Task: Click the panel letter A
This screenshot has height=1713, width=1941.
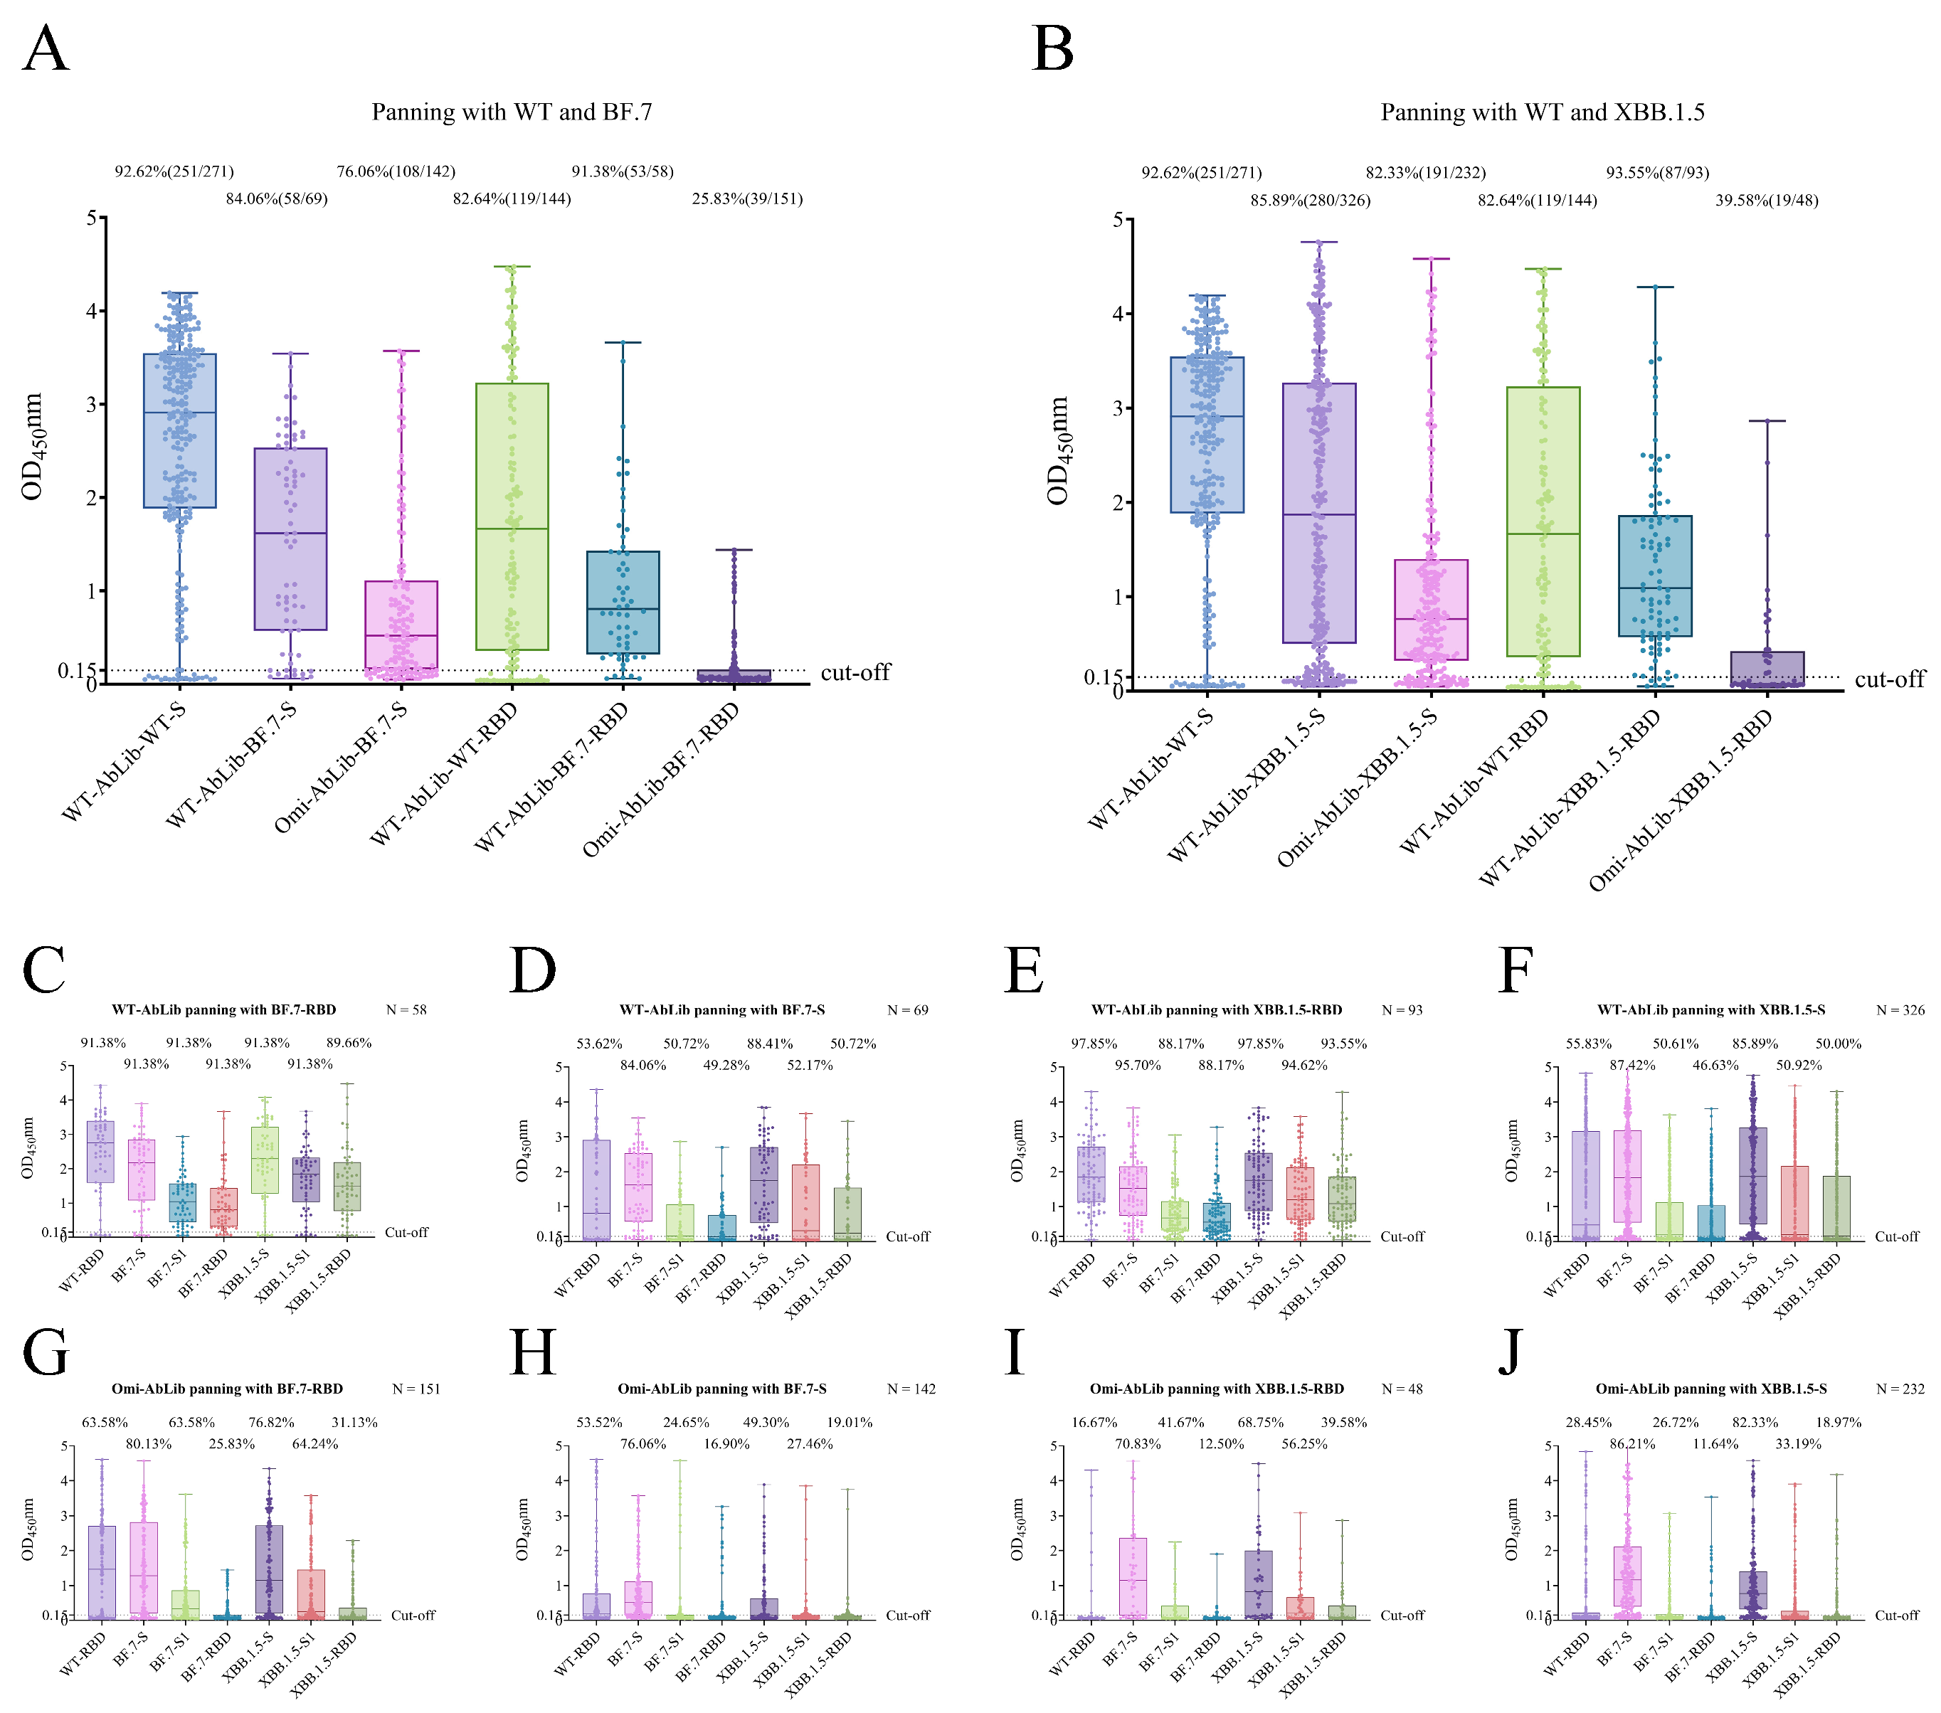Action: [x=46, y=48]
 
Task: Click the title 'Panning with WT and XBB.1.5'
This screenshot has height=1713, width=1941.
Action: [x=1541, y=113]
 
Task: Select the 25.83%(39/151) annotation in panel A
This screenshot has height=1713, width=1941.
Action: [x=746, y=198]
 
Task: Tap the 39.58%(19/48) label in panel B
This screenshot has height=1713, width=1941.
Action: [x=1766, y=201]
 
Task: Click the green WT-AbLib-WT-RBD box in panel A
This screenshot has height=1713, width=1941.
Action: [x=512, y=516]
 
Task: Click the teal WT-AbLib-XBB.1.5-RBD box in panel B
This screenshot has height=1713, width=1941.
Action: [x=1654, y=576]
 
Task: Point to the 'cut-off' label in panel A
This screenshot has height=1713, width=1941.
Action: [x=855, y=672]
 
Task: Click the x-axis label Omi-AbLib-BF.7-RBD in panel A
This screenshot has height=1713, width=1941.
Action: [x=661, y=780]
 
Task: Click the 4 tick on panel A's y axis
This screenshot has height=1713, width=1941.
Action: [x=91, y=310]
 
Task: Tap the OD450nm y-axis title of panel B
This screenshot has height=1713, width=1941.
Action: [x=1058, y=450]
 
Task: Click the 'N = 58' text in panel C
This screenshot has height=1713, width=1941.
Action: [x=406, y=1009]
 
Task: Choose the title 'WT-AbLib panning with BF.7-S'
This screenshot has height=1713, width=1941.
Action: [x=721, y=1009]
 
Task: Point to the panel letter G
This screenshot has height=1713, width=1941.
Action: [x=46, y=1352]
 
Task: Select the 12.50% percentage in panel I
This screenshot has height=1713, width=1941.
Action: [x=1221, y=1444]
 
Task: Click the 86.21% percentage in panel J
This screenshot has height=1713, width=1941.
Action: [x=1631, y=1444]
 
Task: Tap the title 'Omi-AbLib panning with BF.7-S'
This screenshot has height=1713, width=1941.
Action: [x=721, y=1388]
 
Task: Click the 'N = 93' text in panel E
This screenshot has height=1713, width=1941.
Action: [x=1402, y=1009]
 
